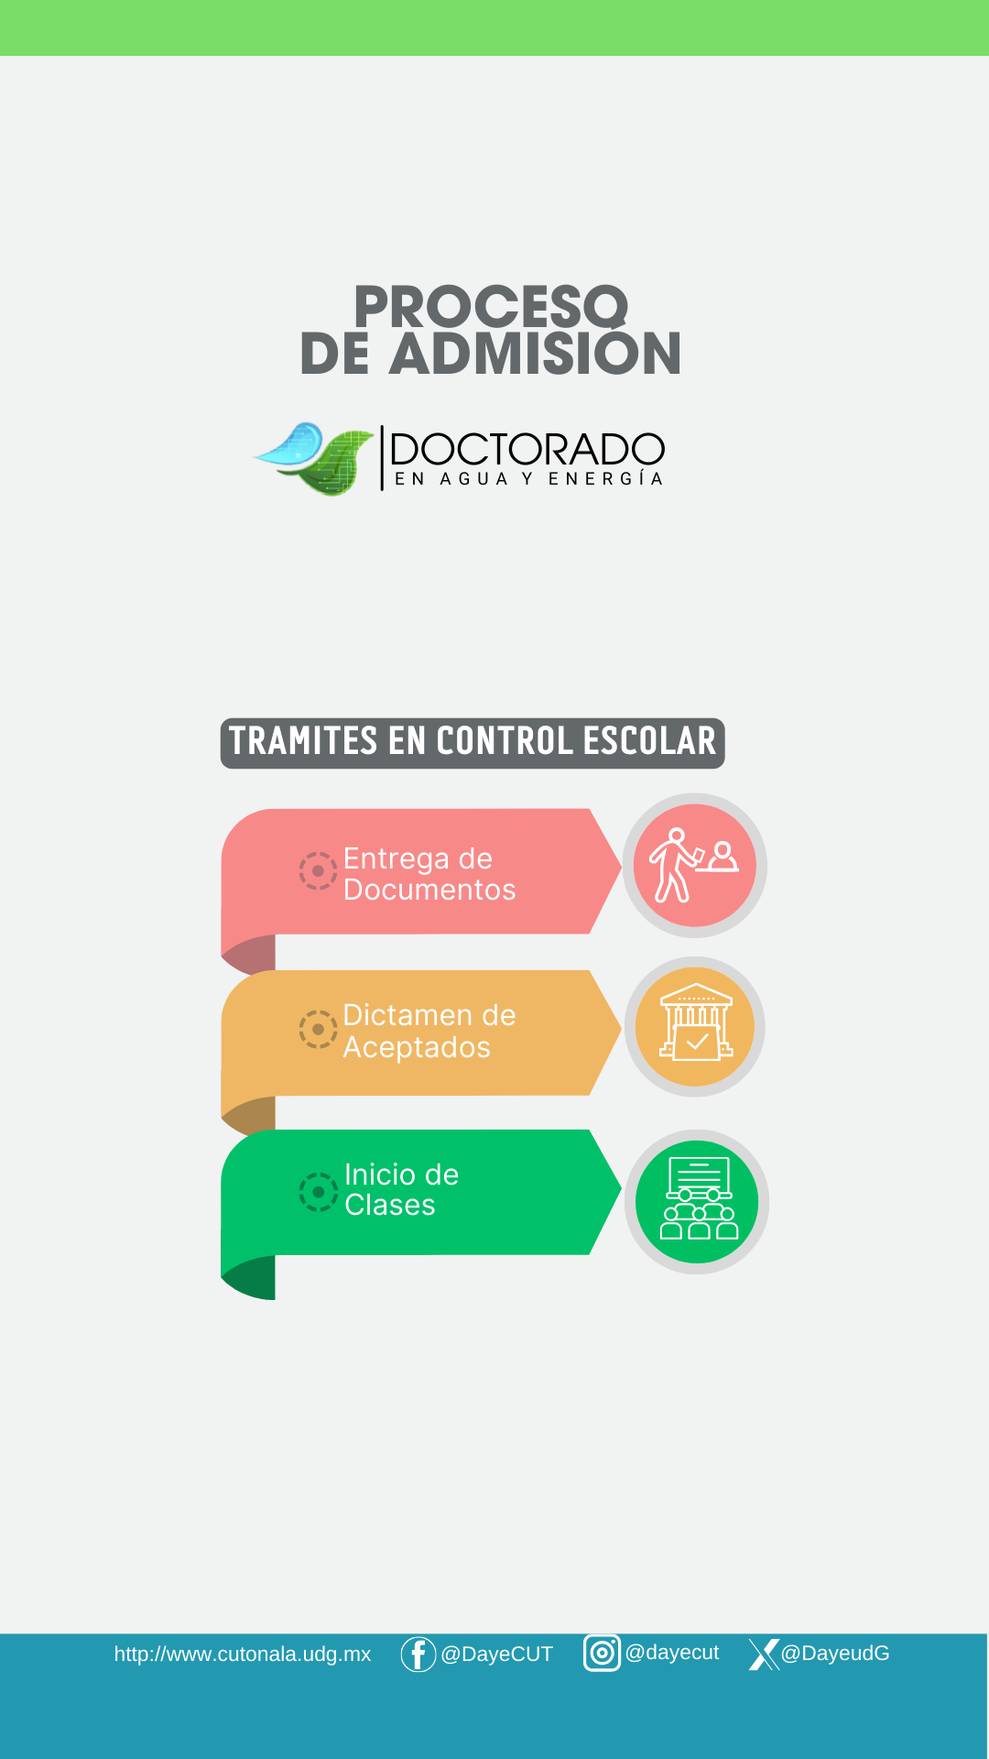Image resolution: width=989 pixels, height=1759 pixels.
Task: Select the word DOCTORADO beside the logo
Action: [x=527, y=449]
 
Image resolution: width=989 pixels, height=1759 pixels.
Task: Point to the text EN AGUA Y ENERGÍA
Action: [x=528, y=479]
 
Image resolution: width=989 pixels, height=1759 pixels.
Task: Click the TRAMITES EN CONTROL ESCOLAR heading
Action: [x=473, y=743]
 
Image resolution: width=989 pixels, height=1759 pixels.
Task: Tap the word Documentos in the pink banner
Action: [x=429, y=890]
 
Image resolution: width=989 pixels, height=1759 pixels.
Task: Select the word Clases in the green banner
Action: [x=390, y=1205]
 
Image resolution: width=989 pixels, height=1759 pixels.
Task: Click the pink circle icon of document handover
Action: [x=695, y=865]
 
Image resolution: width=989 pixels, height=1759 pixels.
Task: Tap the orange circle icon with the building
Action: [x=695, y=1027]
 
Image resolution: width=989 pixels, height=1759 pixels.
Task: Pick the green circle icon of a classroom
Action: [x=697, y=1201]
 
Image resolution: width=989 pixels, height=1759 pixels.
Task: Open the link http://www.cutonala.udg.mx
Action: [x=243, y=1655]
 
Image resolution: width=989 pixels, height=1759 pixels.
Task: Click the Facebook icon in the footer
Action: [x=418, y=1655]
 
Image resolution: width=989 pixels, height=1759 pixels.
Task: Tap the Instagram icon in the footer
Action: [x=602, y=1653]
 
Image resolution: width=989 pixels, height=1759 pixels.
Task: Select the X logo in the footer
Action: [x=764, y=1655]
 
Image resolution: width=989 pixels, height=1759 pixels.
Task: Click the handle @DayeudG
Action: [x=835, y=1654]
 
